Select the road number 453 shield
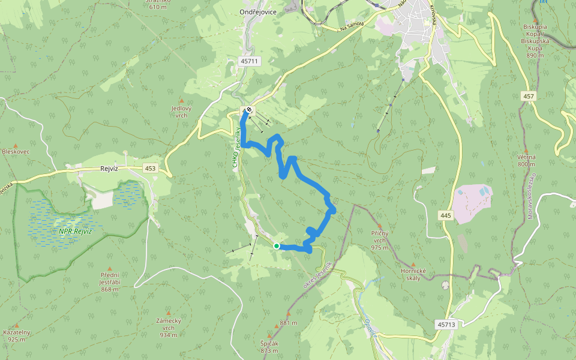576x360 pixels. pos(150,169)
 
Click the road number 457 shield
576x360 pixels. pos(528,96)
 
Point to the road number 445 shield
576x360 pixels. pos(445,215)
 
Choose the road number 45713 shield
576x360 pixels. pos(446,325)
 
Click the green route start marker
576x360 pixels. pos(277,246)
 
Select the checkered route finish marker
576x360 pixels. pos(249,110)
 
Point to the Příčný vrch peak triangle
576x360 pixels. pos(379,226)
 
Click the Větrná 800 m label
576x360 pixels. pos(526,160)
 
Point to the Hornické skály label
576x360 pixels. pos(413,275)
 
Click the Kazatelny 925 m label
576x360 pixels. pos(17,335)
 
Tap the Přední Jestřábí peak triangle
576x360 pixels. pos(109,269)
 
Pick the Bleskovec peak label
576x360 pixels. pos(16,152)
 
